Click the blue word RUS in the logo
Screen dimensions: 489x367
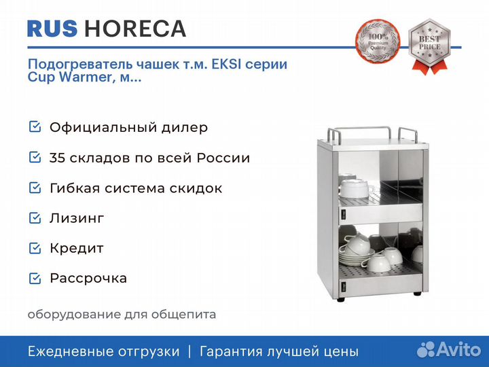pyautogui.click(x=52, y=29)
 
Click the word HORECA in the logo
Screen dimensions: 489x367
pyautogui.click(x=135, y=29)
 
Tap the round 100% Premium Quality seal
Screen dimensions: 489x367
pyautogui.click(x=378, y=41)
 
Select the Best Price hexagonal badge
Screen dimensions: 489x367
pyautogui.click(x=429, y=46)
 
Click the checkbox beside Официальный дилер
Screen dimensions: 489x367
pyautogui.click(x=35, y=127)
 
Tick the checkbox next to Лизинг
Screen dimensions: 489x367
pyautogui.click(x=35, y=218)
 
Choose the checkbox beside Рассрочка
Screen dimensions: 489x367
pyautogui.click(x=35, y=278)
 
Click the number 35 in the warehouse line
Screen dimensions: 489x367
pyautogui.click(x=56, y=158)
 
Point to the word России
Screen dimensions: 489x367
pyautogui.click(x=223, y=158)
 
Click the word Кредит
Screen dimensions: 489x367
pyautogui.click(x=76, y=249)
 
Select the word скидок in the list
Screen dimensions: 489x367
pyautogui.click(x=196, y=188)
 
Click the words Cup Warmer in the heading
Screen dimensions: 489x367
pyautogui.click(x=69, y=77)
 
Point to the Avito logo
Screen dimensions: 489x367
pyautogui.click(x=449, y=349)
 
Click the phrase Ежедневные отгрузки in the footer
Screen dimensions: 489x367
pyautogui.click(x=104, y=352)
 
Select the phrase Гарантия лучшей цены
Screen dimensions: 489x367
pyautogui.click(x=279, y=352)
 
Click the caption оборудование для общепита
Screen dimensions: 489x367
pyautogui.click(x=122, y=314)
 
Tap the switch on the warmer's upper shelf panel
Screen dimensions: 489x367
pyautogui.click(x=344, y=214)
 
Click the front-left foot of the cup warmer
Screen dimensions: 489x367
pyautogui.click(x=341, y=300)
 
